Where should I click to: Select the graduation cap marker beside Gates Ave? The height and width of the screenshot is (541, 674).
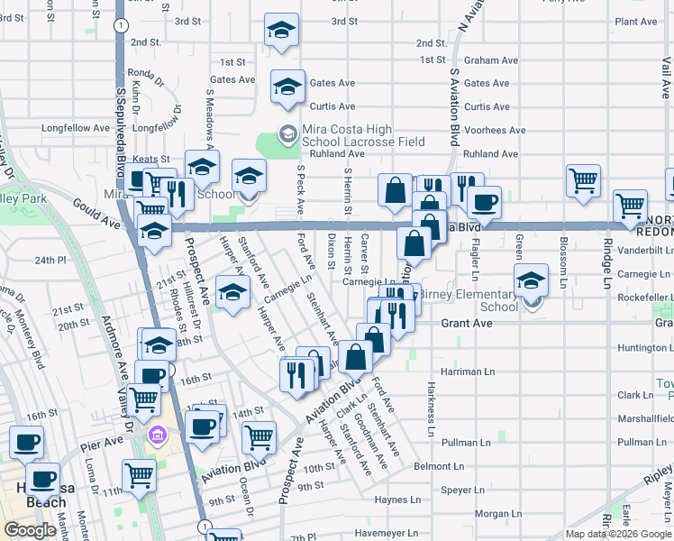pos(287,87)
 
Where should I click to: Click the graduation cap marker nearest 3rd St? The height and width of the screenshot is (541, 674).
pos(281,31)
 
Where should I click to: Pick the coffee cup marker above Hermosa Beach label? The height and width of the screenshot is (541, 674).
pos(42,481)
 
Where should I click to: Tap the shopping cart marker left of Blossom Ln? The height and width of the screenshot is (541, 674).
pos(583,180)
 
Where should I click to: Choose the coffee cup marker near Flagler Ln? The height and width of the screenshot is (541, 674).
pos(484,202)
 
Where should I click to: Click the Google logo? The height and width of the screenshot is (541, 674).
pos(31,530)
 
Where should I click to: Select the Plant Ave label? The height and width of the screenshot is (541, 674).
pos(634,22)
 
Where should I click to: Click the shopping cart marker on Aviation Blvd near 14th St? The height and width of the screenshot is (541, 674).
pos(259,437)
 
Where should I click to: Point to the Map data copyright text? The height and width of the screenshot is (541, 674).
pos(618,534)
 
